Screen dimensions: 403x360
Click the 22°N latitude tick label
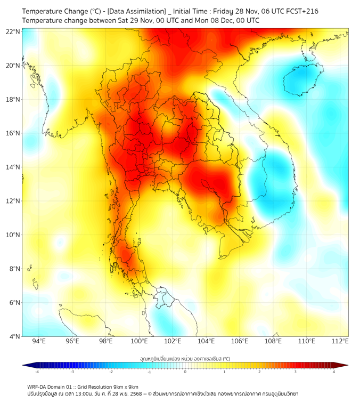tap(13, 31)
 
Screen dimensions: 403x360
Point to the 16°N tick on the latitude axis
tap(13, 133)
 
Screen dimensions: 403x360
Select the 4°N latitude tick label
tap(14, 336)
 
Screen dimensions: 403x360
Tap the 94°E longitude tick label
tap(39, 342)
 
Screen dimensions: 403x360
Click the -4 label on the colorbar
tap(37, 371)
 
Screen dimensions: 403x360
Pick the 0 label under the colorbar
tap(185, 371)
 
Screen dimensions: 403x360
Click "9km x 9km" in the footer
tap(126, 387)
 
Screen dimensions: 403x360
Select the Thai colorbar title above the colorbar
tap(185, 359)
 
